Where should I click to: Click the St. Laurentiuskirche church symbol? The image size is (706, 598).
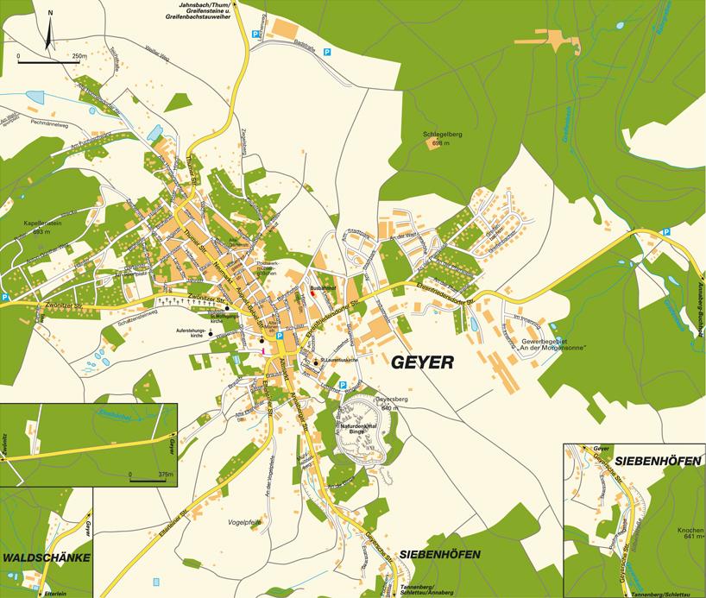pos(316,362)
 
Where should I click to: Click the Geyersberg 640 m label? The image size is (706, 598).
pos(389,403)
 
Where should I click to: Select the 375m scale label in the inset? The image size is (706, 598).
pos(161,475)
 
